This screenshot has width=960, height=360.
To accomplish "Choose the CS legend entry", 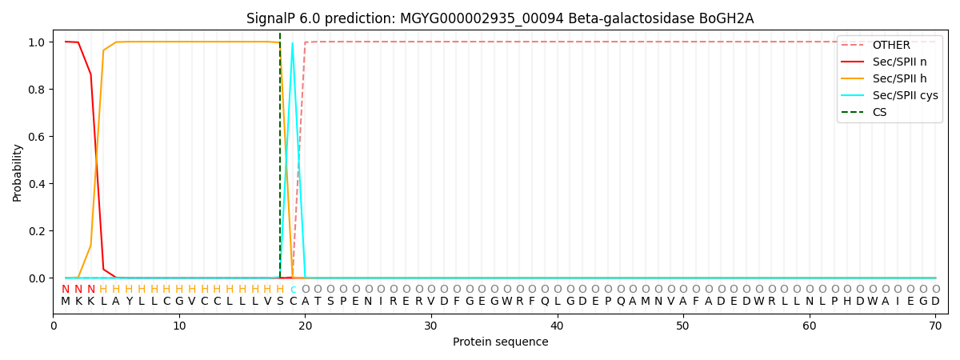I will click(x=879, y=113).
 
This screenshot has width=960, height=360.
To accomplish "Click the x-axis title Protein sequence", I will click(x=500, y=342).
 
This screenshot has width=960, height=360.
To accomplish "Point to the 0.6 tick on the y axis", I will click(x=37, y=137).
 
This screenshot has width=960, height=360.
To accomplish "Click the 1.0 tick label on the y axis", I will click(x=37, y=42).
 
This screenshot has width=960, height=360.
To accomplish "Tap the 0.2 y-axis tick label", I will click(x=37, y=231).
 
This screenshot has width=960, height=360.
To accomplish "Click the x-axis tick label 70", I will click(x=935, y=326).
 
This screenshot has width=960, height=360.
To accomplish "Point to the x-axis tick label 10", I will click(x=179, y=326).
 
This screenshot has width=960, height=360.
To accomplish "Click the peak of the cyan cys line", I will click(x=293, y=43).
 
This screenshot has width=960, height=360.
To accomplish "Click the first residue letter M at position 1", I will click(x=66, y=302).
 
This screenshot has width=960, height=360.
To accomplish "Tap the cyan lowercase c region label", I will click(x=293, y=290).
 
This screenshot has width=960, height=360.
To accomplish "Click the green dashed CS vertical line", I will click(x=280, y=160).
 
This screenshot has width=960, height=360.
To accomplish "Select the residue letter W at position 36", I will click(x=506, y=302).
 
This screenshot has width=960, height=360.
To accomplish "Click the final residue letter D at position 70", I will click(x=935, y=302).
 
